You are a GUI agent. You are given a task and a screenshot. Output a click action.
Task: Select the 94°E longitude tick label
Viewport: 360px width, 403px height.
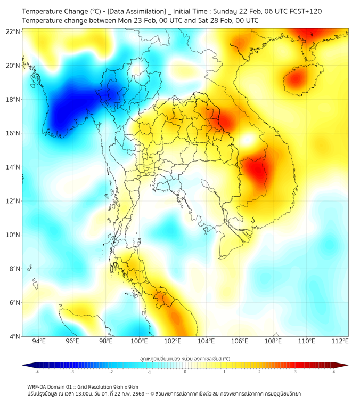coord(39,341)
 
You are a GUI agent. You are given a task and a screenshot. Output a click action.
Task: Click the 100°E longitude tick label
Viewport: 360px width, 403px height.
coord(139,341)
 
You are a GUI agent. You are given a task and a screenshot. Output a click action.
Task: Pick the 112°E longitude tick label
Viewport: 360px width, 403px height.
coord(340,341)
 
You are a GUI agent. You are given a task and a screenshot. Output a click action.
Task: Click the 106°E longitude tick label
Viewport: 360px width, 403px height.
coord(240,341)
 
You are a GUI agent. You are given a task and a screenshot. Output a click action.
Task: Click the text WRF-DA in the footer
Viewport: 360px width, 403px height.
coord(38,387)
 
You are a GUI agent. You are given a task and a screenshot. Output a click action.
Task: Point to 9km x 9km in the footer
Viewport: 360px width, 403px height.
coord(124,387)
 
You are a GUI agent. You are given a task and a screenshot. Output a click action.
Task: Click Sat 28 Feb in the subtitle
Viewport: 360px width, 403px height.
coord(212,20)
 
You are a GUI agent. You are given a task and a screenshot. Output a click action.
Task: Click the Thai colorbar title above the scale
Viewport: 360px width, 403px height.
coord(185,358)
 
